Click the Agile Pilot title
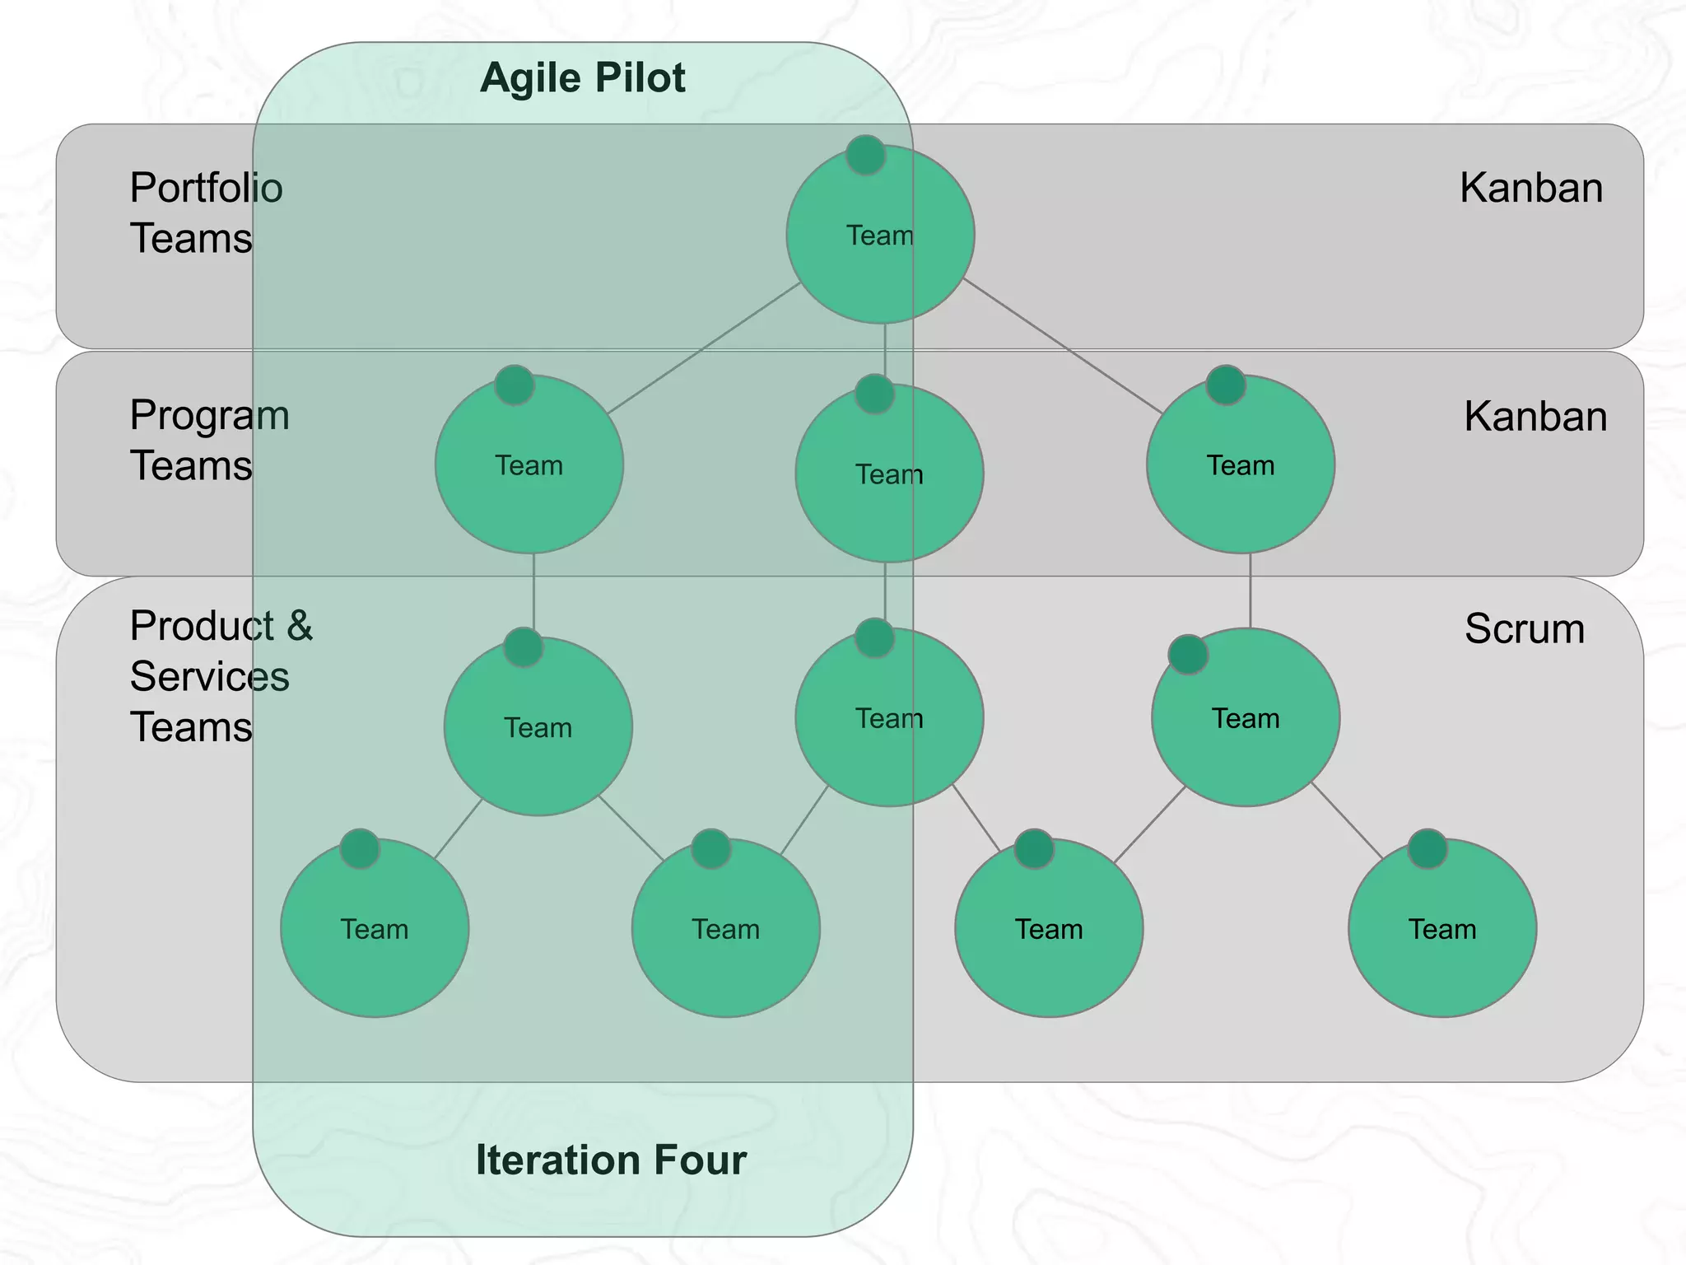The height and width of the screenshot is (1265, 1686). [582, 78]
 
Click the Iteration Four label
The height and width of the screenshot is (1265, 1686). [611, 1160]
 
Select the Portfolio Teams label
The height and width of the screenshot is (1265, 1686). [206, 212]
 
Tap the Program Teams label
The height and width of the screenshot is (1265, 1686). [209, 440]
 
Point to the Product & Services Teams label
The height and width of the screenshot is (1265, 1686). [221, 676]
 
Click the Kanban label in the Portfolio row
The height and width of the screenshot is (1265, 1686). [1530, 188]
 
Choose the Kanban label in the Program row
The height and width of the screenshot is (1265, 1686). [1535, 416]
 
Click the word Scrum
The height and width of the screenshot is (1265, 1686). [1524, 628]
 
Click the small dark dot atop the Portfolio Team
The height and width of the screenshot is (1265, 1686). [865, 155]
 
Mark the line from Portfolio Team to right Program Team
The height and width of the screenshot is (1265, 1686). [1062, 346]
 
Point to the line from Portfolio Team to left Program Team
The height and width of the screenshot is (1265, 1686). [704, 348]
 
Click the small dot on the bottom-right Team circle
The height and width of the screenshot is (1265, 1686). [1427, 849]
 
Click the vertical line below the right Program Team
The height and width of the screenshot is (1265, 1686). [1250, 590]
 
